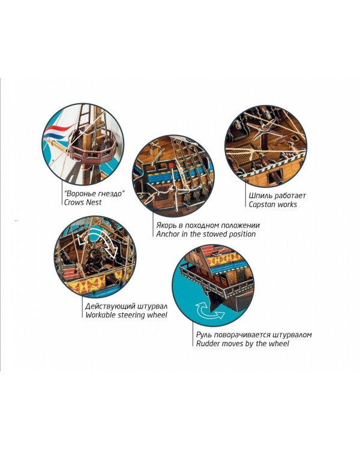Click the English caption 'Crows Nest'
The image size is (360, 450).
pyautogui.click(x=83, y=202)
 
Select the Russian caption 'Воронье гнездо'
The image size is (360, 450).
pyautogui.click(x=94, y=193)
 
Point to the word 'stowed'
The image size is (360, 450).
pyautogui.click(x=216, y=234)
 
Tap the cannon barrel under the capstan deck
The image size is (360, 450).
pyautogui.click(x=274, y=176)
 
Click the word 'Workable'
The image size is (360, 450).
pyautogui.click(x=101, y=315)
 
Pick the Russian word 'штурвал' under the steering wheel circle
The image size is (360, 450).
pyautogui.click(x=152, y=306)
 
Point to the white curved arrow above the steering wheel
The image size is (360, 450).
pyautogui.click(x=98, y=241)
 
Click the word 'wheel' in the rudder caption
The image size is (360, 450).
pyautogui.click(x=279, y=344)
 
